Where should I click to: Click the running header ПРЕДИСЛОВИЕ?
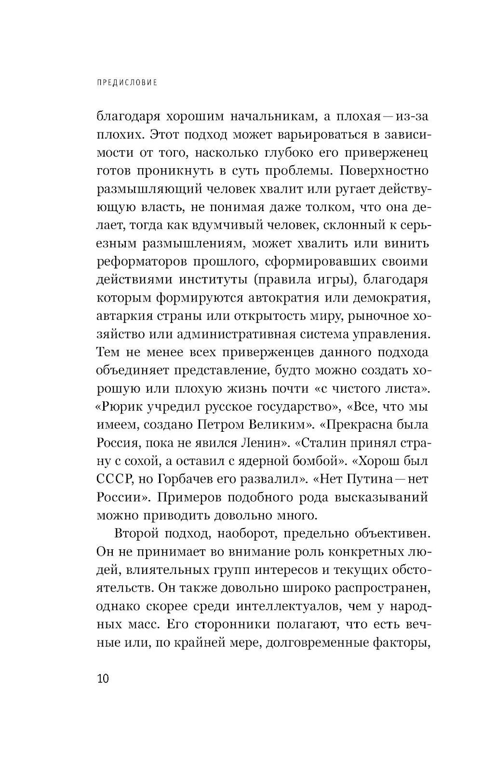[127, 82]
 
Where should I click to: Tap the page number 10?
[103, 678]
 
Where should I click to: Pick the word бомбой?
[318, 461]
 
